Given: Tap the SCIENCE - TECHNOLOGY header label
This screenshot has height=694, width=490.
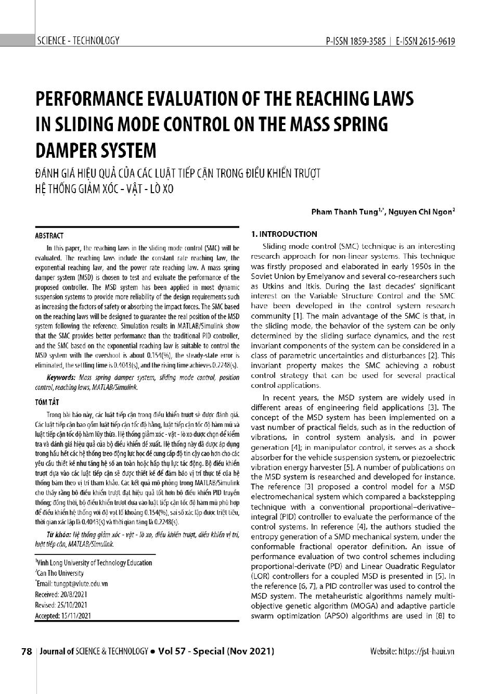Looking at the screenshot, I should [78, 41].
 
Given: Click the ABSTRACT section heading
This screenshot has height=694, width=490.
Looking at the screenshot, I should [49, 235].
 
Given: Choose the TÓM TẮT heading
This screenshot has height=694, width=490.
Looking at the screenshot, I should [46, 401].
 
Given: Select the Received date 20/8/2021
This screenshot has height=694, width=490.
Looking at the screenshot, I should [72, 594].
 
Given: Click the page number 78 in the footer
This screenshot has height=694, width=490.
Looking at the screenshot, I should [27, 651].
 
